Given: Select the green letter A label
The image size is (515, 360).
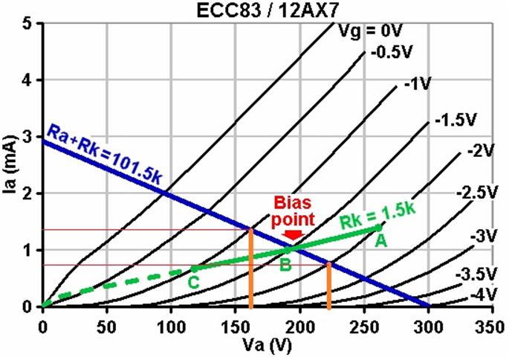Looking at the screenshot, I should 380,240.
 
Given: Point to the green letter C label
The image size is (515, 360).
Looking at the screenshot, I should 192,282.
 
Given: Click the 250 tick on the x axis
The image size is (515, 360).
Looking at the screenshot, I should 364,328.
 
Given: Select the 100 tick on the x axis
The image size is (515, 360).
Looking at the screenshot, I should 171,328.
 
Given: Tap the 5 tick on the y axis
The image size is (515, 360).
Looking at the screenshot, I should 28,23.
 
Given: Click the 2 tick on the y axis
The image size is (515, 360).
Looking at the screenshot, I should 28,193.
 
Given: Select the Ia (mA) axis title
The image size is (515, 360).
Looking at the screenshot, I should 10,165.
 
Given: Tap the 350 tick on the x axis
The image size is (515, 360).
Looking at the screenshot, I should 493,328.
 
